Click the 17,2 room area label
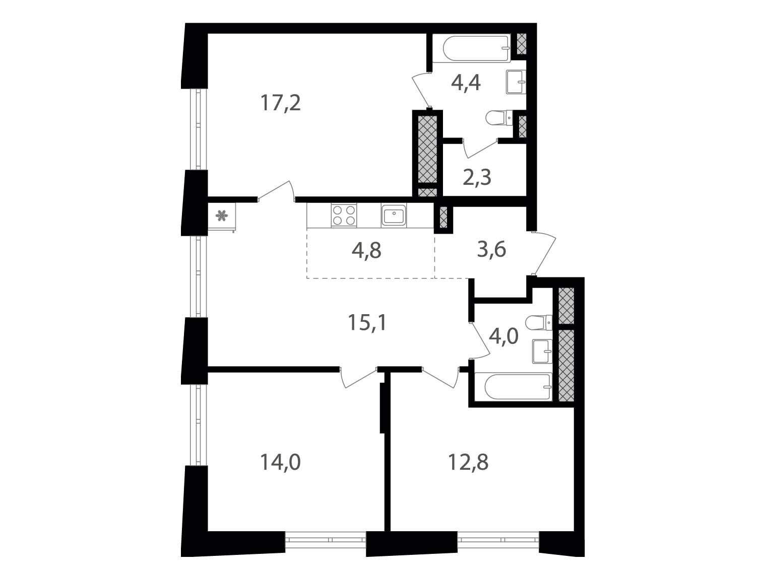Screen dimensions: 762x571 click(x=281, y=103)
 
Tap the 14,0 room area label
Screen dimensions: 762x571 click(x=281, y=462)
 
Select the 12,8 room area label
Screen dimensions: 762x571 click(x=469, y=462)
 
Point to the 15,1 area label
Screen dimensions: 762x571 click(x=367, y=323)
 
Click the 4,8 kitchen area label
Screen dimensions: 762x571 click(x=366, y=251)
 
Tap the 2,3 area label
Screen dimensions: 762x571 click(x=477, y=178)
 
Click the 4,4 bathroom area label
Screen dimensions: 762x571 click(x=466, y=83)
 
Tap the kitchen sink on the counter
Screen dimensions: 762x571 click(x=394, y=216)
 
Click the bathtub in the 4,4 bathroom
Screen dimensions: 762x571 click(x=472, y=48)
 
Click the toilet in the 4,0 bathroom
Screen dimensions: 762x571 click(x=539, y=323)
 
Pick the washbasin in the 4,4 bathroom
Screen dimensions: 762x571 click(x=516, y=82)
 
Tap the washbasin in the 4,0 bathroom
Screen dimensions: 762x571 click(x=542, y=351)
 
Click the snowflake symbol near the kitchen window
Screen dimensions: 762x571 click(x=221, y=216)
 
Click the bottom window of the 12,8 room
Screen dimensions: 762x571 click(x=498, y=550)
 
